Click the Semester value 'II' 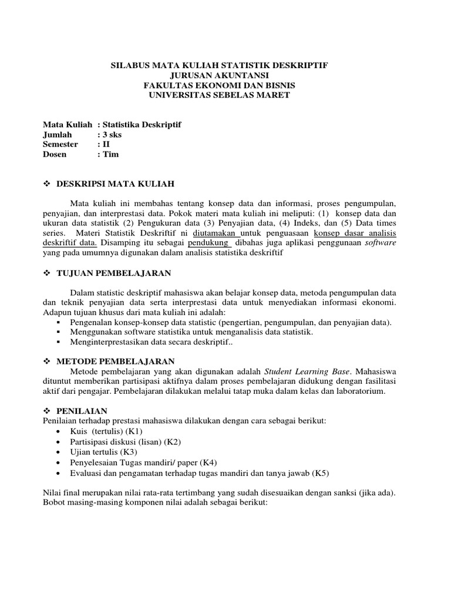click(106, 144)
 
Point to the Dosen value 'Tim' click(110, 154)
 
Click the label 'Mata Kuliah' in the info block click(68, 124)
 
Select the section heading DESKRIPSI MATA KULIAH click(116, 184)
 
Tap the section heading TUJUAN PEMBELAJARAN click(114, 274)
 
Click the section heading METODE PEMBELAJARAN click(116, 361)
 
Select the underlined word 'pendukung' click(208, 242)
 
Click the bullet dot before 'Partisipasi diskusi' click(58, 442)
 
